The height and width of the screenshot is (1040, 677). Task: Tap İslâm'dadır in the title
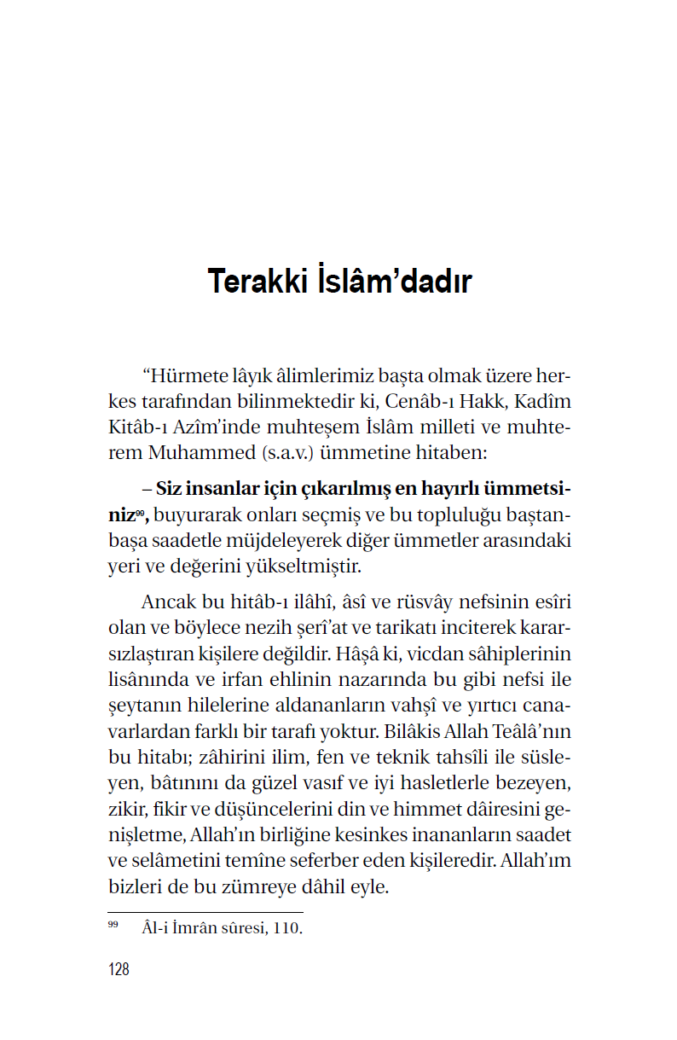[x=393, y=282]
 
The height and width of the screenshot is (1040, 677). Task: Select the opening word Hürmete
[x=190, y=376]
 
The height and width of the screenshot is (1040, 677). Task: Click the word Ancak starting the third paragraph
[x=170, y=604]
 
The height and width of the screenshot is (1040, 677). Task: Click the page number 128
[x=119, y=969]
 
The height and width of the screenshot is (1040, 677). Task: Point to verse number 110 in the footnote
[x=288, y=928]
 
